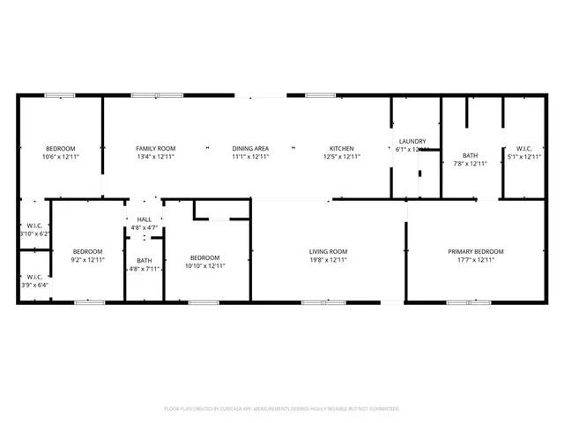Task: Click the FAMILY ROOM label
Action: pyautogui.click(x=156, y=148)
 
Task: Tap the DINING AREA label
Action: pyautogui.click(x=250, y=148)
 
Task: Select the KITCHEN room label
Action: pyautogui.click(x=342, y=148)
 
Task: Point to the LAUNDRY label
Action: pyautogui.click(x=412, y=141)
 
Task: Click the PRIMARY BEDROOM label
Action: pyautogui.click(x=475, y=252)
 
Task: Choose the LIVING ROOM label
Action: pyautogui.click(x=328, y=252)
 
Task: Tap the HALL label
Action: pyautogui.click(x=144, y=219)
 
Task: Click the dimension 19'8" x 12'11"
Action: pyautogui.click(x=328, y=260)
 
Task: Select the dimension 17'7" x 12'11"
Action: pyautogui.click(x=475, y=260)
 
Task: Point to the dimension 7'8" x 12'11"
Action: pyautogui.click(x=470, y=163)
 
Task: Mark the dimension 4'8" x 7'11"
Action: pyautogui.click(x=144, y=269)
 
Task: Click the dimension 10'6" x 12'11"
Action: pyautogui.click(x=61, y=156)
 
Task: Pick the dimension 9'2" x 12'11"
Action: pyautogui.click(x=88, y=260)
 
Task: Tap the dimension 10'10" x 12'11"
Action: pyautogui.click(x=205, y=265)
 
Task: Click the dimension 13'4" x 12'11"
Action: pyautogui.click(x=156, y=156)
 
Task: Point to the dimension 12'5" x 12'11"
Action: pyautogui.click(x=342, y=156)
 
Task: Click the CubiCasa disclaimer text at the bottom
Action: pyautogui.click(x=282, y=409)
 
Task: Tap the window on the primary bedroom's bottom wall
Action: pyautogui.click(x=468, y=302)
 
